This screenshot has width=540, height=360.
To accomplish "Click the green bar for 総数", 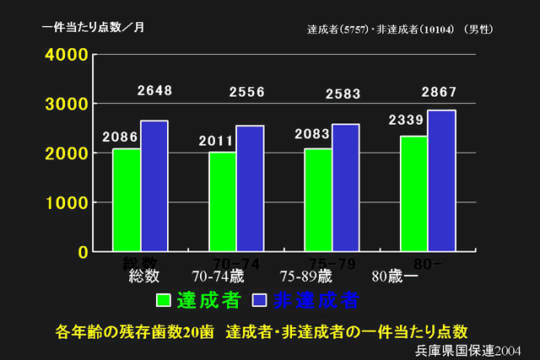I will point(127,200).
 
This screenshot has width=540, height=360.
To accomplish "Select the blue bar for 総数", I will point(154,185).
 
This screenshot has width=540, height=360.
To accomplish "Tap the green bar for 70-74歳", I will point(223,201).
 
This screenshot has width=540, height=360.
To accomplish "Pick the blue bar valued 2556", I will point(250,188).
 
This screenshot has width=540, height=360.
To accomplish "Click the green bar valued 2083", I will point(318,200).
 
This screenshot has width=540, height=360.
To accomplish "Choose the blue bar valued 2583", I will point(345,187).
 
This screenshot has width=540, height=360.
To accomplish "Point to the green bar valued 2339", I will point(413,193).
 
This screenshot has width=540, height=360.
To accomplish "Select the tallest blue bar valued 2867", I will point(440,180).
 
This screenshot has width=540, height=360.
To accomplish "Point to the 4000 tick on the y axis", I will point(65,55).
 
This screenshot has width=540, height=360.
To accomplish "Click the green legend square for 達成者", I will point(164,300).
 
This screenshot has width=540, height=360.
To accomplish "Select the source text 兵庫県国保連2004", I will point(468,349).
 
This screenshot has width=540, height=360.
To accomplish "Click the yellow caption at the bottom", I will point(261,330).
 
